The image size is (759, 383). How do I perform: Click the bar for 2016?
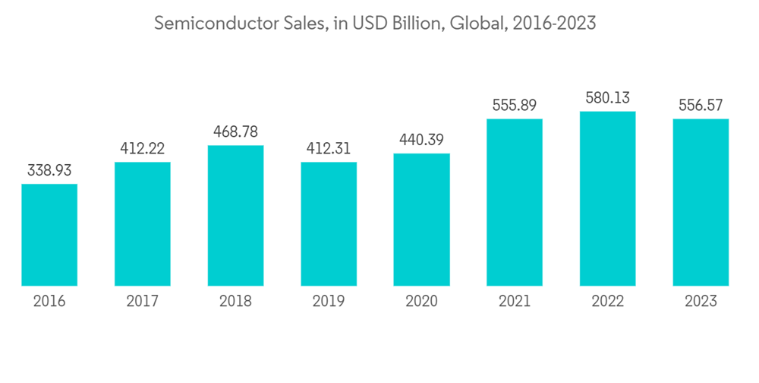pyautogui.click(x=49, y=235)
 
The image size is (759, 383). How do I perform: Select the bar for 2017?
pyautogui.click(x=143, y=224)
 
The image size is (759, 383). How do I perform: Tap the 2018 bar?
pyautogui.click(x=235, y=216)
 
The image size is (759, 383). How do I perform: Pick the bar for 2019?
pyautogui.click(x=329, y=224)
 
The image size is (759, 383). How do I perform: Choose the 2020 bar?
pyautogui.click(x=421, y=220)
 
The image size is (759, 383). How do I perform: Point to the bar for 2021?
pyautogui.click(x=515, y=202)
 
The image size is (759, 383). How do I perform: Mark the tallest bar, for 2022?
pyautogui.click(x=607, y=198)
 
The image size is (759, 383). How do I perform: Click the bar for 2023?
pyautogui.click(x=701, y=202)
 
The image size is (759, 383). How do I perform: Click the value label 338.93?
pyautogui.click(x=49, y=170)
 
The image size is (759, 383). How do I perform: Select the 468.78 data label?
pyautogui.click(x=235, y=131)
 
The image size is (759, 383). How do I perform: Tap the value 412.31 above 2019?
pyautogui.click(x=329, y=148)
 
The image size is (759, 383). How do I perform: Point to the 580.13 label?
pyautogui.click(x=607, y=98)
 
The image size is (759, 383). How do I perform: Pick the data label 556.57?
pyautogui.click(x=701, y=105)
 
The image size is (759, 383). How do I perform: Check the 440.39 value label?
pyautogui.click(x=421, y=140)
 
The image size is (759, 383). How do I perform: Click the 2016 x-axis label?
pyautogui.click(x=49, y=302)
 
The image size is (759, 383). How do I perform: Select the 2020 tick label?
pyautogui.click(x=421, y=302)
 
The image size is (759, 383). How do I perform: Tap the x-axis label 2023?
pyautogui.click(x=701, y=302)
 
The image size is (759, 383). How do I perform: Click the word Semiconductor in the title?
pyautogui.click(x=203, y=24)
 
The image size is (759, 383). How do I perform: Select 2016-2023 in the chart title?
pyautogui.click(x=554, y=24)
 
